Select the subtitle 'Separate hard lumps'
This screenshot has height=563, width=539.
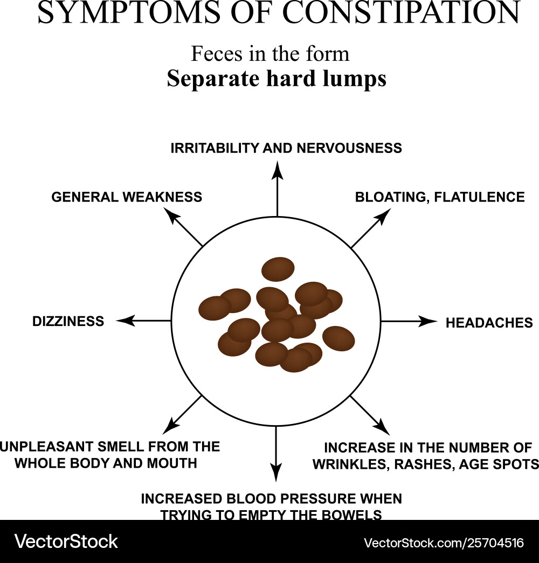(276, 79)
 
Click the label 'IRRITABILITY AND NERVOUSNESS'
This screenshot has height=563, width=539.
(286, 148)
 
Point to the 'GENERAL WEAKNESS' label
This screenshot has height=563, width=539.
(127, 197)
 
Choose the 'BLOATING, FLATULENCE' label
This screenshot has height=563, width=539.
(439, 197)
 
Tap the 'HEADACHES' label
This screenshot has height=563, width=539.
(489, 323)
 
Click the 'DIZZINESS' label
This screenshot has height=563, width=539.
(68, 322)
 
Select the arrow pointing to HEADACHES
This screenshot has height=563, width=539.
(410, 322)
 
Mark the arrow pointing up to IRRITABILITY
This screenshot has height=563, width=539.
(277, 189)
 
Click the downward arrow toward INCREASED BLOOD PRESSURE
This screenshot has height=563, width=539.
(276, 453)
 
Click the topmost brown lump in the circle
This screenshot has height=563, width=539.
(278, 269)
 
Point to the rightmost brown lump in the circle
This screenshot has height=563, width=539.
(338, 338)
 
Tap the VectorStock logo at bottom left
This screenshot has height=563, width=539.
(66, 541)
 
